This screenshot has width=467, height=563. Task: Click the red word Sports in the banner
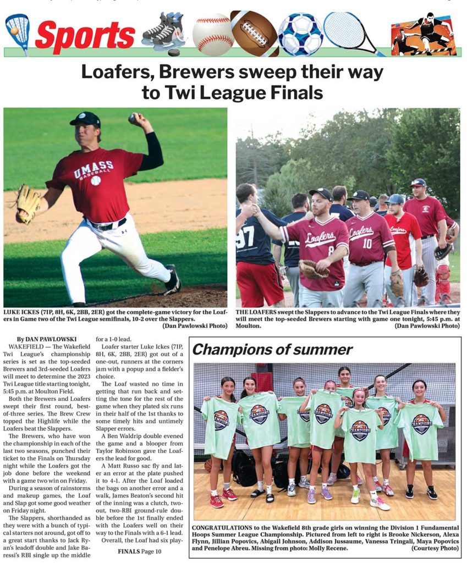(x=85, y=35)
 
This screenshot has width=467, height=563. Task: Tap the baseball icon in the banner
(x=213, y=34)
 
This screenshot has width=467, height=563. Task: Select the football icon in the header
(x=255, y=33)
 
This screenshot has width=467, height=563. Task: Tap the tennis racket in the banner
(x=352, y=32)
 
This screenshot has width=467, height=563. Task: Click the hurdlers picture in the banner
(x=423, y=34)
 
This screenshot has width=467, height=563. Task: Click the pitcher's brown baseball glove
(x=28, y=203)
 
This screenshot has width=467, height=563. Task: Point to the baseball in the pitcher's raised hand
(x=133, y=117)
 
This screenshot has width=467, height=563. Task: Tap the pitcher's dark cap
(x=86, y=119)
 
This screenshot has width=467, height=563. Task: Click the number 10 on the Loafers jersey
(x=367, y=243)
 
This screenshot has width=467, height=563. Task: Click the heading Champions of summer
(x=272, y=350)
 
